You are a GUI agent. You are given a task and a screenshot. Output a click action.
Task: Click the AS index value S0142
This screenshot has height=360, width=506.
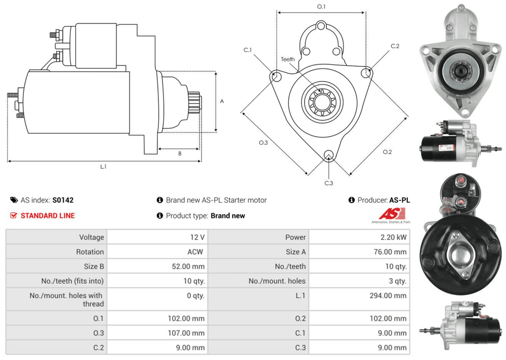[x=63, y=200]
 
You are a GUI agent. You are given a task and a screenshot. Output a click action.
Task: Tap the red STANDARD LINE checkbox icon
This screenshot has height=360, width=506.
[x=14, y=216]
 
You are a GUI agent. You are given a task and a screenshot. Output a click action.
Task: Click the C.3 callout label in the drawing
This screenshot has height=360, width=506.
[x=329, y=183]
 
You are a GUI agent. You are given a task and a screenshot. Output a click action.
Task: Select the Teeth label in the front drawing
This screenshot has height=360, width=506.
[x=287, y=59]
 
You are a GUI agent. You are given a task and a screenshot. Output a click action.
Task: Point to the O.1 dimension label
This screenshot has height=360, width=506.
[x=321, y=7]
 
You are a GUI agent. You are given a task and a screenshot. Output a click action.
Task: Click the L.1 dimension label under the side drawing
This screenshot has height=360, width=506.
[x=103, y=167]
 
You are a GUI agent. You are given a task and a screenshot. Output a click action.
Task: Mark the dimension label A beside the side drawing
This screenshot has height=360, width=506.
[x=222, y=101]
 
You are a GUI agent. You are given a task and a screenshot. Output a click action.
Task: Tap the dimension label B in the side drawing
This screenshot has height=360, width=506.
[x=180, y=153]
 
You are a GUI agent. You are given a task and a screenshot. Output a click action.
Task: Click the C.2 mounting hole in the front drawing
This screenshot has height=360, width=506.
[x=366, y=74]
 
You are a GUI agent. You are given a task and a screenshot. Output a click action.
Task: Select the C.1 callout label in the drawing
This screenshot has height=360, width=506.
[x=247, y=50]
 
